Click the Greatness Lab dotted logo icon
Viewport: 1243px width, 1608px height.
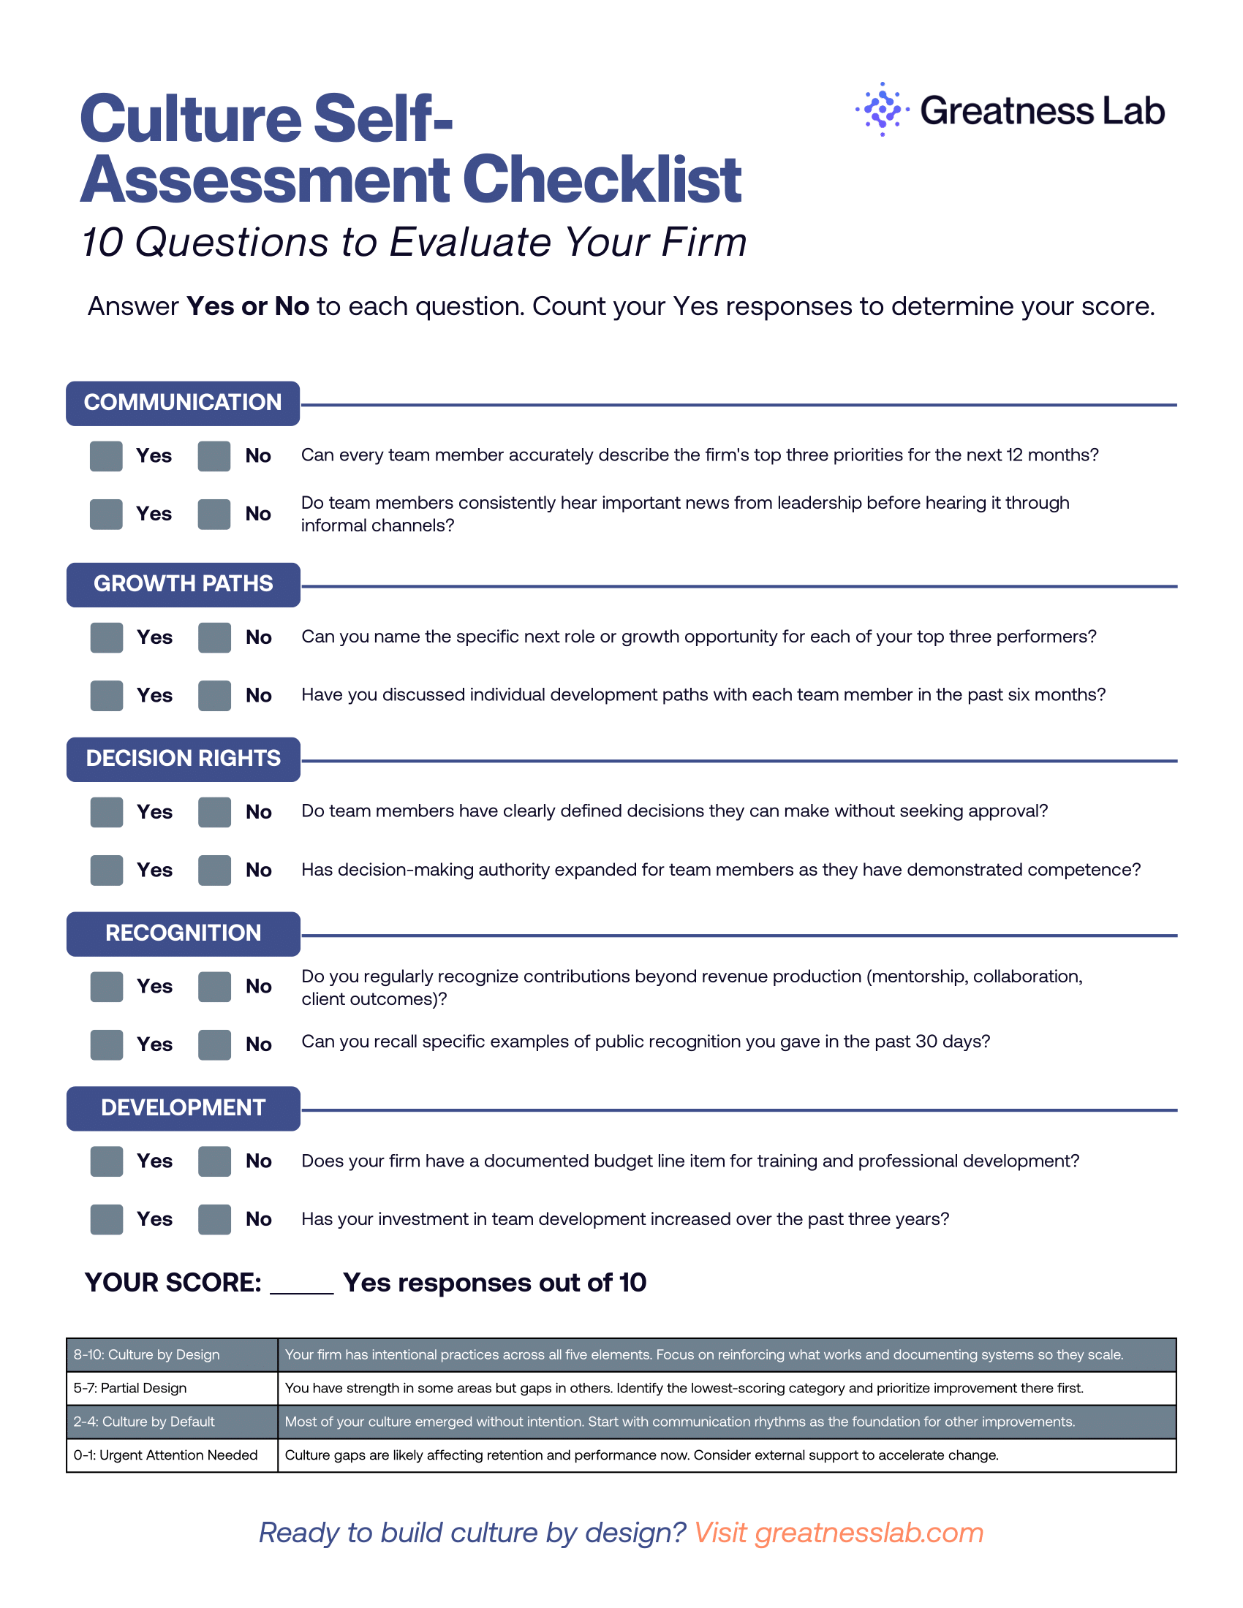882,110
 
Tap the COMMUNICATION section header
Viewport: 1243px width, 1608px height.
183,403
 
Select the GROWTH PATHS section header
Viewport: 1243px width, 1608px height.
183,585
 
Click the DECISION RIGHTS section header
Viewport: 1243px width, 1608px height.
183,759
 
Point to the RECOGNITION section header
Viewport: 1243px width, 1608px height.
183,933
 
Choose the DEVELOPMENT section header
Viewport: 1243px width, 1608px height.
183,1108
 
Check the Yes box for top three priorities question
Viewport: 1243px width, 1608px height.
106,456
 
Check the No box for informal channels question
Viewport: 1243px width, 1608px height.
214,514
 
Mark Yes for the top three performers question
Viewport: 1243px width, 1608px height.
107,637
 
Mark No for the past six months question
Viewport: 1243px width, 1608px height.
215,696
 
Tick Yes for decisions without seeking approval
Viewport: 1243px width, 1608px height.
107,812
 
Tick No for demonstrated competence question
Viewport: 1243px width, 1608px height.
215,871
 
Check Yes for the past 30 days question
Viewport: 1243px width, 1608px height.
107,1044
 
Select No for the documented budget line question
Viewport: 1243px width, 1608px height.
215,1161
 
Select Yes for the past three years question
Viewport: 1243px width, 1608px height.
107,1219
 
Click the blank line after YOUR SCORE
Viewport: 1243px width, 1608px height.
302,1286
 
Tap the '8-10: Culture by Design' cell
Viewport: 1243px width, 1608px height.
172,1354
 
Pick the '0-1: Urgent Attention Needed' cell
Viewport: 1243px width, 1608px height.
172,1455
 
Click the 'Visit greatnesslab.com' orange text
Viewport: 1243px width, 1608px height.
838,1533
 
